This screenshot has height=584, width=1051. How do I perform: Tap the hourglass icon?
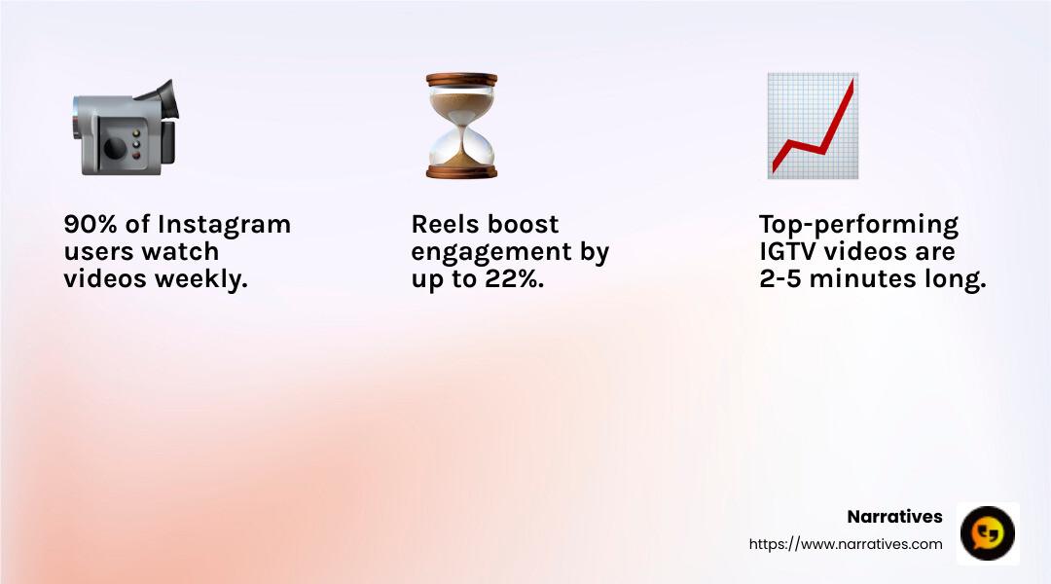[x=461, y=126]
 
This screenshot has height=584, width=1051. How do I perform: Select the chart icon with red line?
[x=812, y=126]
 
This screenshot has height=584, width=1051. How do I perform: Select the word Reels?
[x=446, y=225]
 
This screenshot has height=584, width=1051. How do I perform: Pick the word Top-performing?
[x=858, y=225]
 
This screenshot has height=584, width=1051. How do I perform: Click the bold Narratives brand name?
[x=894, y=517]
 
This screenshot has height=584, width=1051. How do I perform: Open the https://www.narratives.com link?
[x=846, y=544]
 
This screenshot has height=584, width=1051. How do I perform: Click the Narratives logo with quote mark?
[x=988, y=533]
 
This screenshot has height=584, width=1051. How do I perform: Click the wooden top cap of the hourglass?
[x=461, y=81]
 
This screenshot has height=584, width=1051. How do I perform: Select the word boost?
[x=524, y=225]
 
